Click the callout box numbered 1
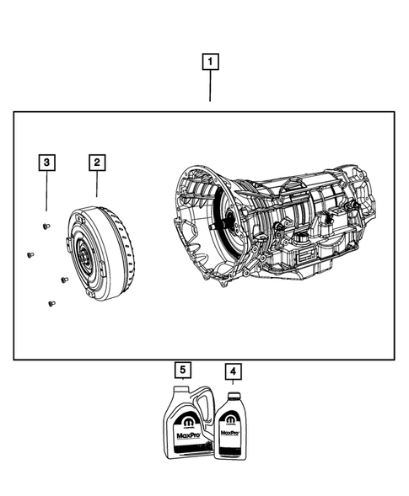coord(210,61)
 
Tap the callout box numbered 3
coord(48,161)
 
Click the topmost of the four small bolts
coord(45,225)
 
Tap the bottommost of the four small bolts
coord(51,303)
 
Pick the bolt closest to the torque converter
coord(63,280)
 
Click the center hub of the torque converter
coord(85,253)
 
